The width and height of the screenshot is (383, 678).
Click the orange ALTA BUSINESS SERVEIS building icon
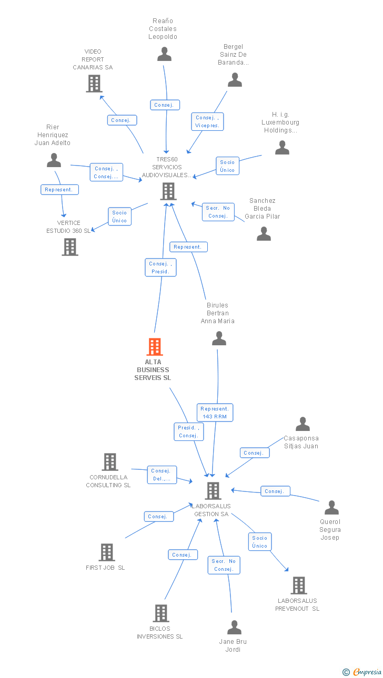click(154, 347)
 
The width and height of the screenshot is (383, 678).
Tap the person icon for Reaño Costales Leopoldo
click(165, 54)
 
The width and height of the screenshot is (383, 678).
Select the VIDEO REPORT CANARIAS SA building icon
click(94, 84)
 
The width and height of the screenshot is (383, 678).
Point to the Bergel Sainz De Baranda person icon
click(235, 80)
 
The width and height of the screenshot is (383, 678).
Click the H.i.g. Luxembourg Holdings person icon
click(282, 148)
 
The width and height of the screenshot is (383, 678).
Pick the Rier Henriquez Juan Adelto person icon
click(54, 160)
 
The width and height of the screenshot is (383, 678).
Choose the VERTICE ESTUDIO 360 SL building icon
click(70, 246)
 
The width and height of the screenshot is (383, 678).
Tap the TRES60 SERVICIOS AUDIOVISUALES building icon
click(168, 191)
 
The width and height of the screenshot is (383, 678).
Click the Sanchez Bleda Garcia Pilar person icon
click(264, 234)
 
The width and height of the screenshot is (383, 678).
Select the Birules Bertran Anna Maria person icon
click(219, 338)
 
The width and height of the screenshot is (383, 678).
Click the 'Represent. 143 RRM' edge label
click(215, 413)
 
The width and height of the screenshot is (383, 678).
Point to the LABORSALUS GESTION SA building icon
click(213, 490)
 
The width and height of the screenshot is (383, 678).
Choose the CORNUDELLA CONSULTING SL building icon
click(109, 462)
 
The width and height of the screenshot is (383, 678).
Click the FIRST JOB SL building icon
click(107, 552)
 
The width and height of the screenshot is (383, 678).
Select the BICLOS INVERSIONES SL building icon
click(161, 613)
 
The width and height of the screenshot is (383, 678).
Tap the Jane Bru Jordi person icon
click(234, 628)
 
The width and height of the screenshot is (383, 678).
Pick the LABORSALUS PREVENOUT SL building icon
click(298, 585)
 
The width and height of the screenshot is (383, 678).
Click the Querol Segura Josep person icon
click(331, 508)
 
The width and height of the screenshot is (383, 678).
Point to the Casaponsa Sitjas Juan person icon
click(303, 424)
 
